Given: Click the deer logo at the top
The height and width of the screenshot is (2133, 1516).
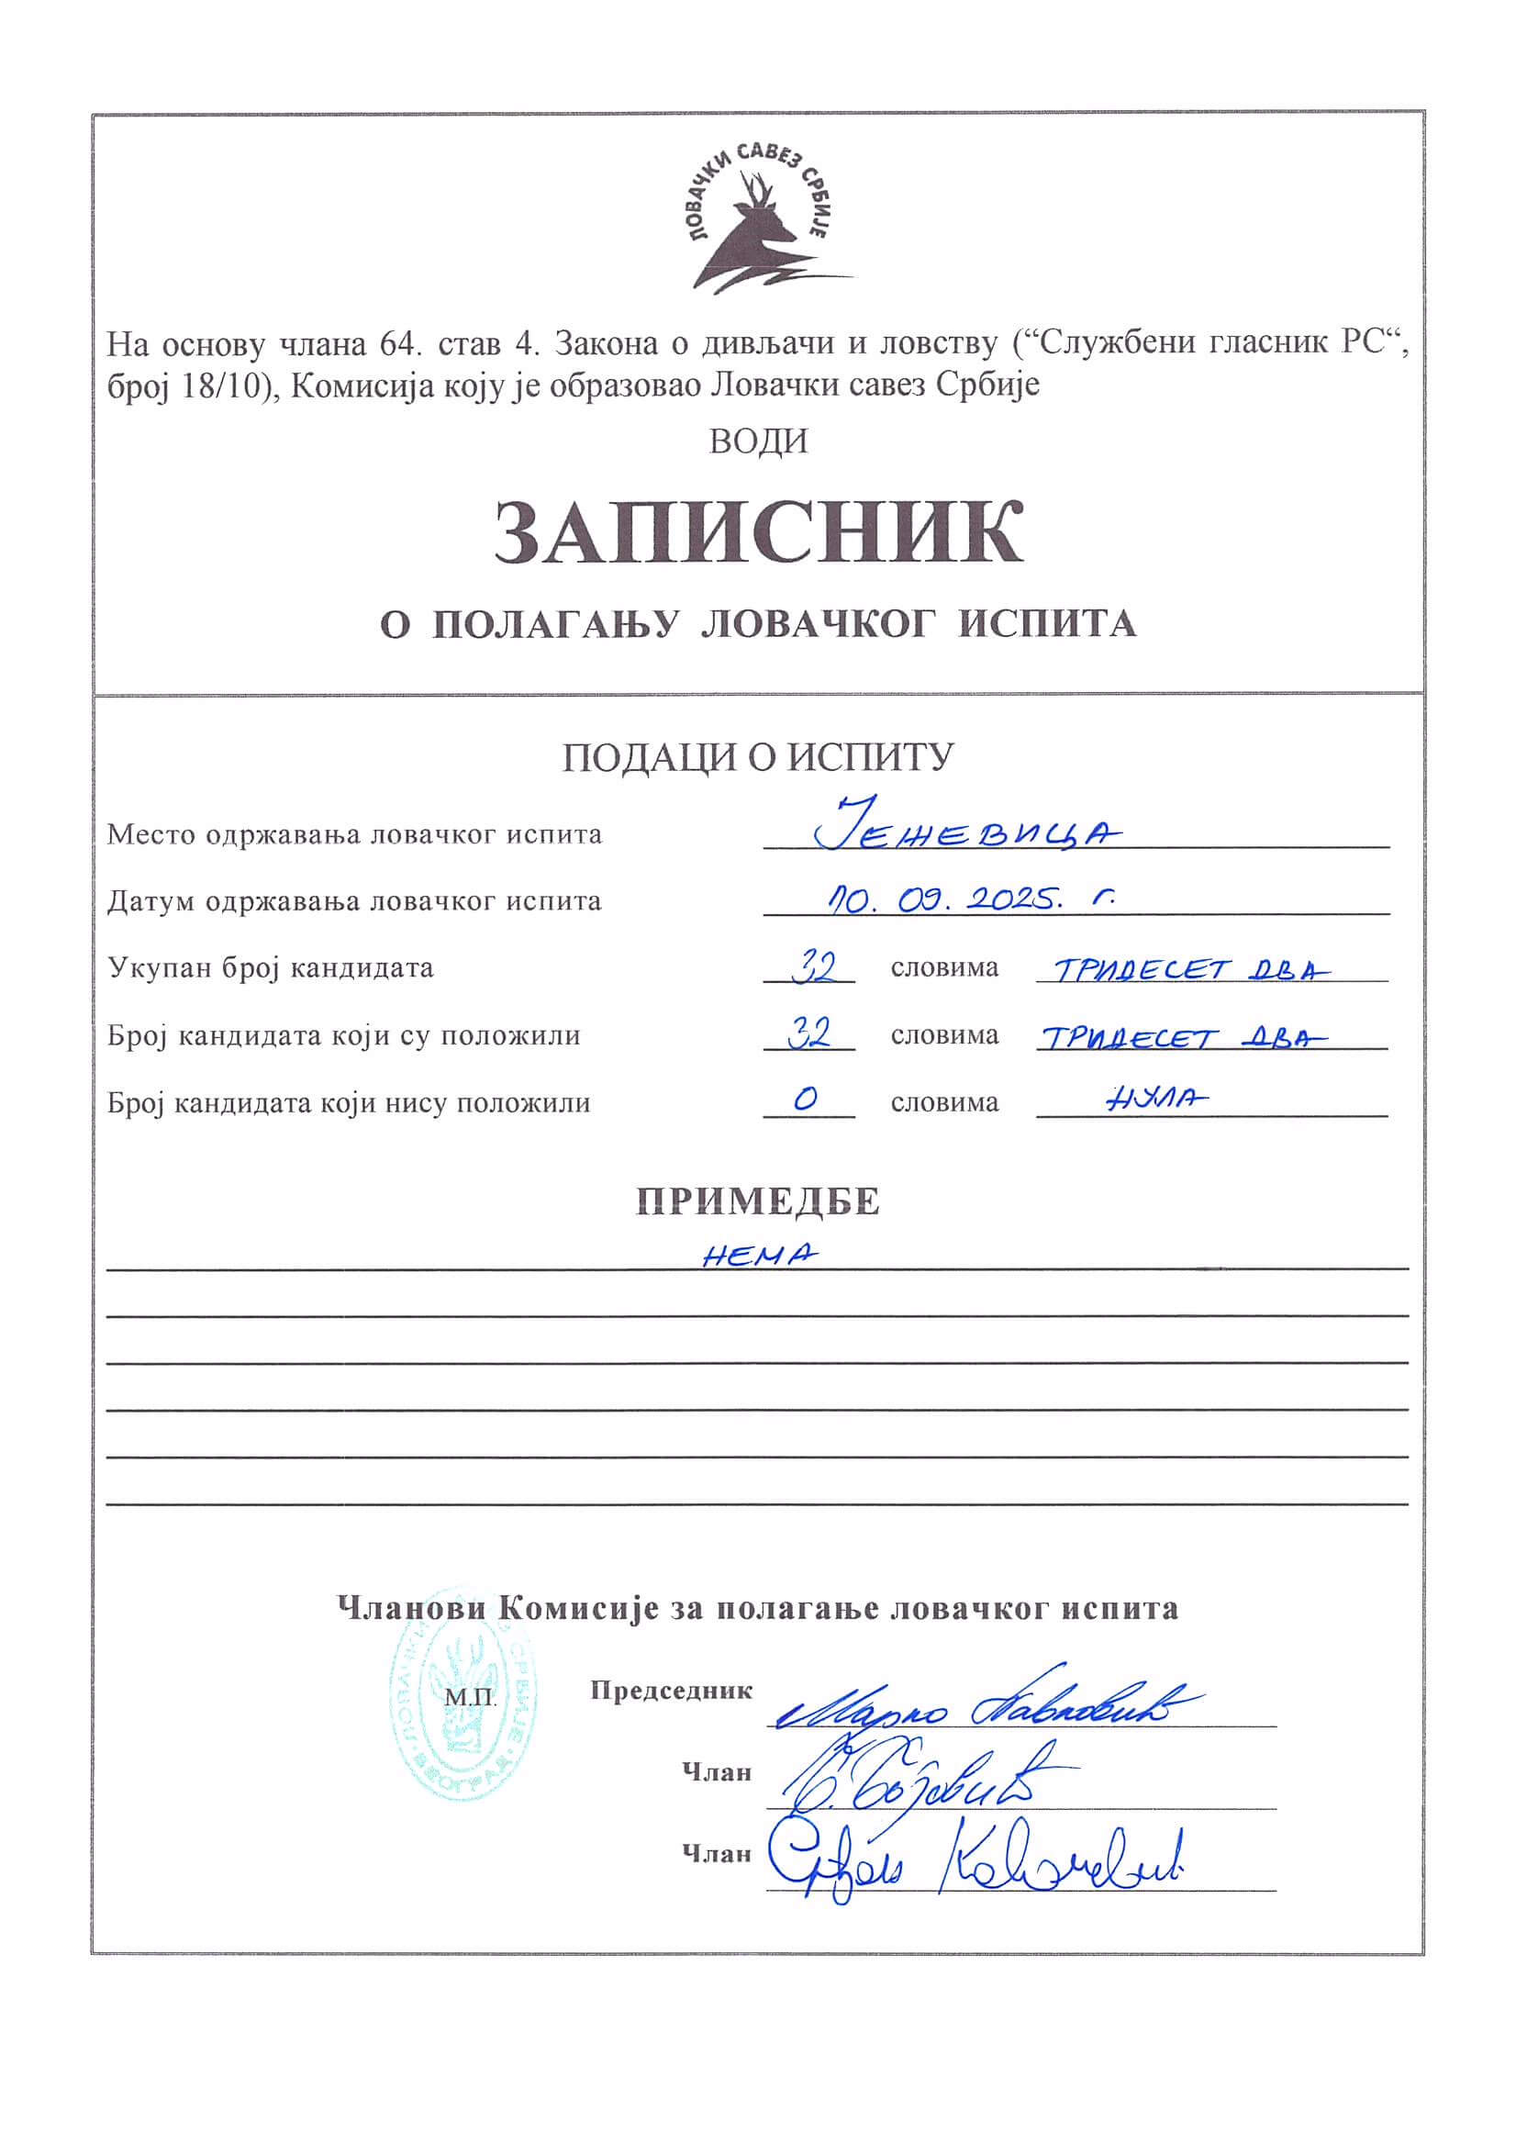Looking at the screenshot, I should [758, 224].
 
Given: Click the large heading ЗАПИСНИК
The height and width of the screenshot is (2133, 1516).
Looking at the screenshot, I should [758, 533].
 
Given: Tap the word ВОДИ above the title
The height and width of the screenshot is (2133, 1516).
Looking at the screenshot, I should [758, 441].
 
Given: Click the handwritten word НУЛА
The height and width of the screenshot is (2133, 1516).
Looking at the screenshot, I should [1155, 1100].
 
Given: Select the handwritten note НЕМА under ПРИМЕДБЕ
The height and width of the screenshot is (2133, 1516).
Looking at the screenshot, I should [758, 1255].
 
